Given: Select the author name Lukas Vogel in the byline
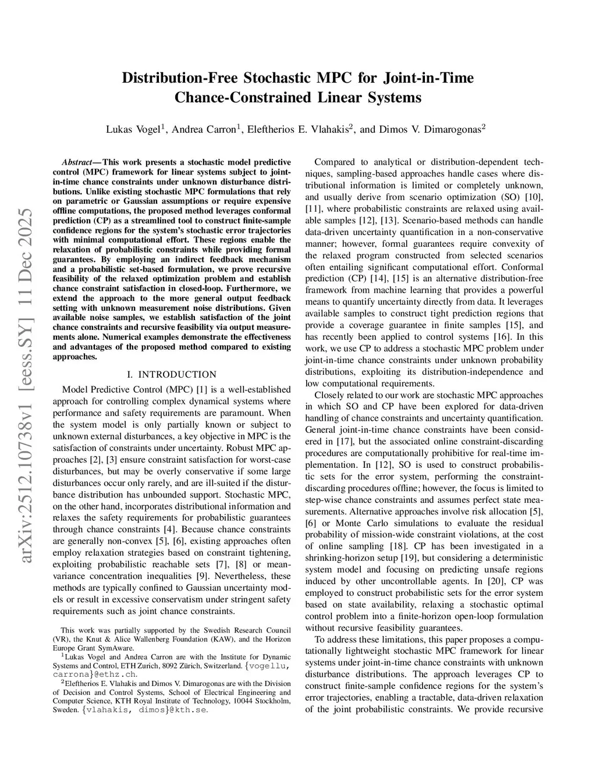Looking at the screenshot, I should click(132, 129).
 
